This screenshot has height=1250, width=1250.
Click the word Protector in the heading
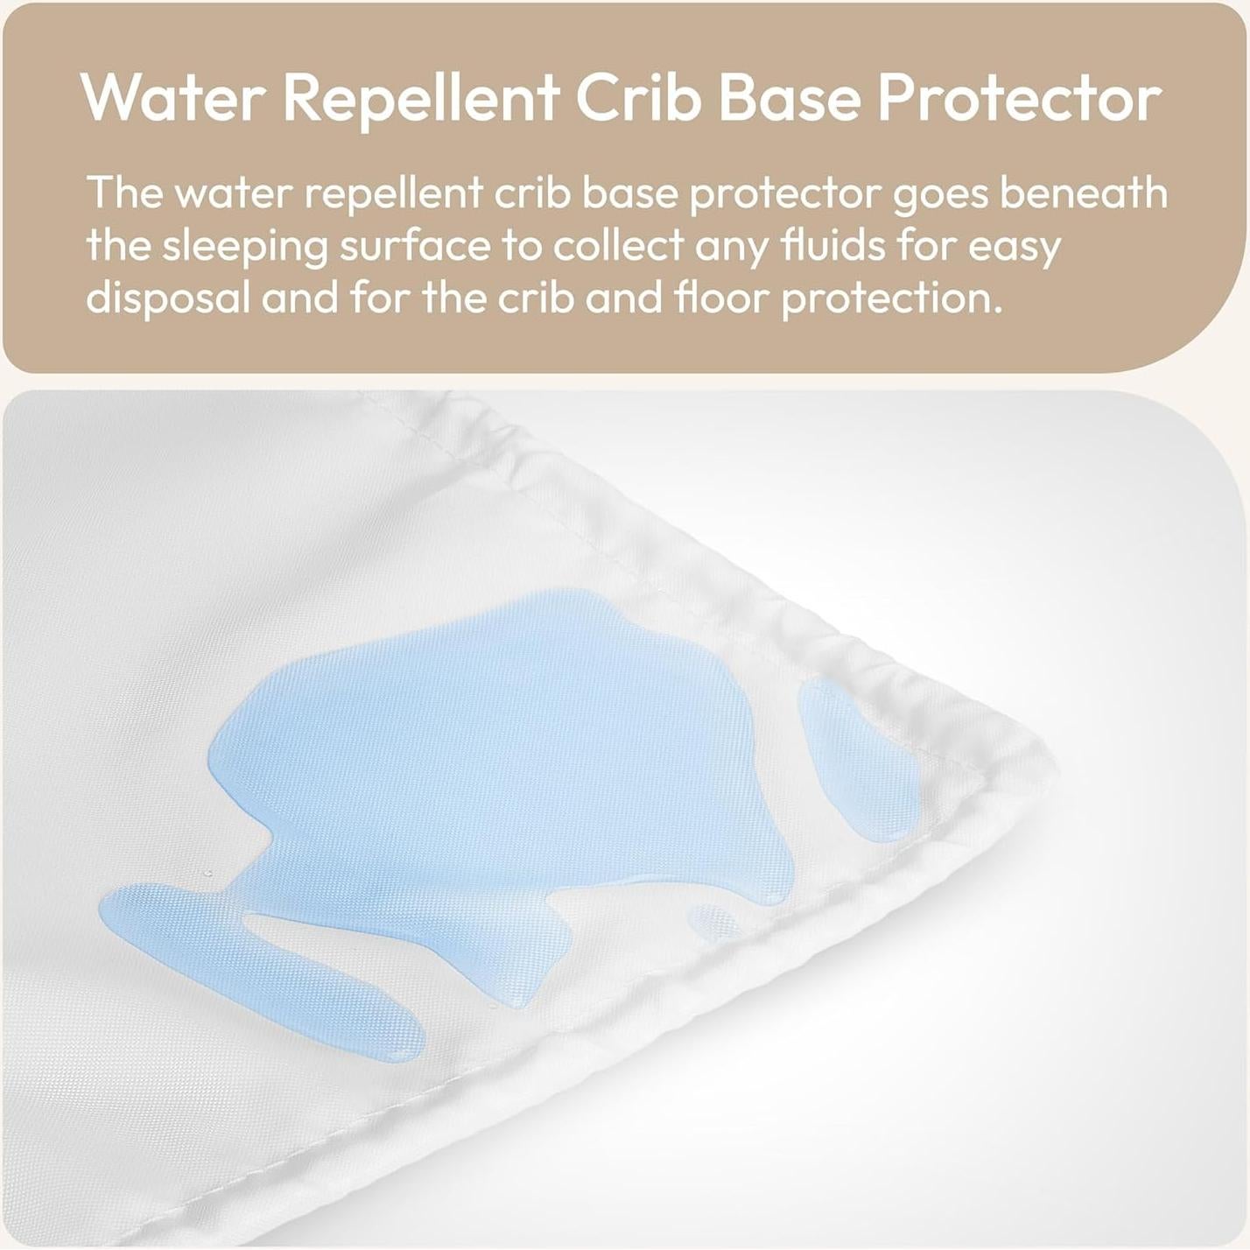1020,98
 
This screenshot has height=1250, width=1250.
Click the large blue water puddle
490,770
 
